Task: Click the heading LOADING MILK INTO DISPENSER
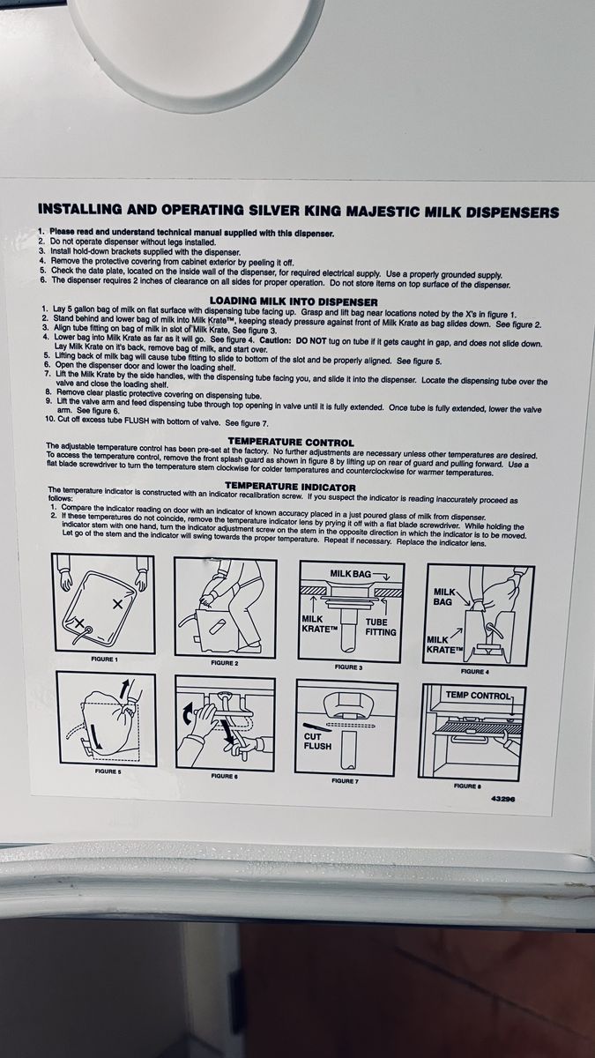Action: [294, 302]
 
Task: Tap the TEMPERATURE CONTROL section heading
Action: [291, 443]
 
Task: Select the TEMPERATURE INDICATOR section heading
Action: [290, 487]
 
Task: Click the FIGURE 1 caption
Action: [104, 659]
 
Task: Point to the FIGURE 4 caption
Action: [472, 671]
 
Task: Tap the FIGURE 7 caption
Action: [345, 781]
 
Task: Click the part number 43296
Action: [503, 799]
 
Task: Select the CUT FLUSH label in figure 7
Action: [317, 741]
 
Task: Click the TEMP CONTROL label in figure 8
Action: [479, 696]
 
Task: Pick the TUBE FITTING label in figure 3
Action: [381, 627]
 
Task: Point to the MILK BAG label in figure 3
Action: [351, 574]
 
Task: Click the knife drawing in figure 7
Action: [313, 726]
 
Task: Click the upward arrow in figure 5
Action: [123, 690]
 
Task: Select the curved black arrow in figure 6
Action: [188, 713]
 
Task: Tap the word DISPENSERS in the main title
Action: [512, 212]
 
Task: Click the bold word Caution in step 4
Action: [277, 340]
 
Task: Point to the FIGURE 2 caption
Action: [225, 663]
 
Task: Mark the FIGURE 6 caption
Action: [224, 776]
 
